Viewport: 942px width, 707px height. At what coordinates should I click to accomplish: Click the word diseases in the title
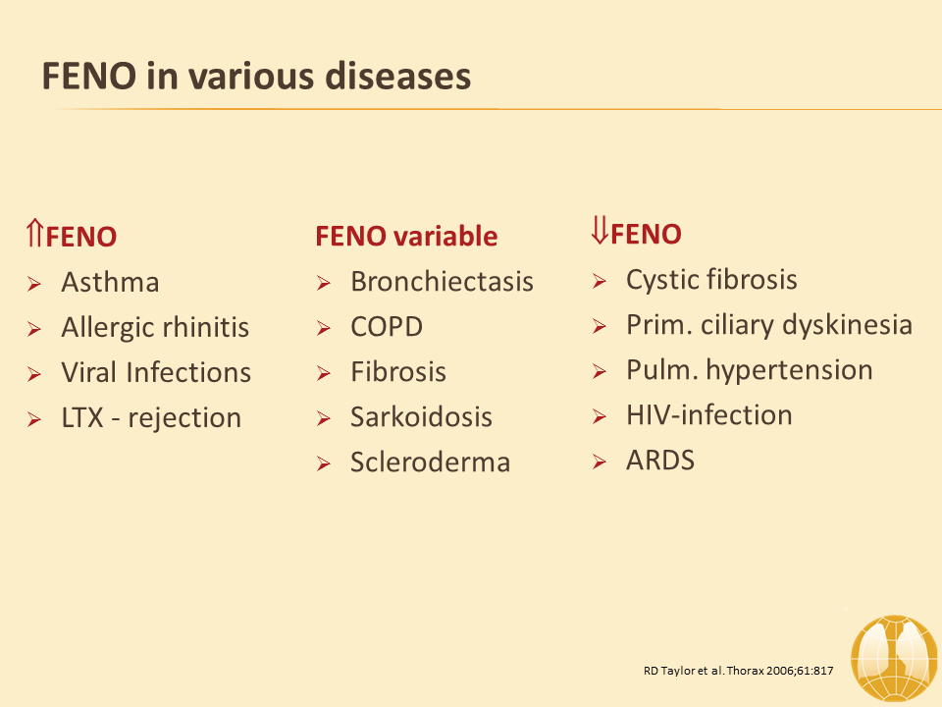pos(397,77)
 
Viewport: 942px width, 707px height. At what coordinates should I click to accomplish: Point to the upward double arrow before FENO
pos(35,233)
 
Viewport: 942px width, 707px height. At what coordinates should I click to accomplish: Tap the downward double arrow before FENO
pos(600,230)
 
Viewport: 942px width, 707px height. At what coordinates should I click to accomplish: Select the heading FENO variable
pos(406,236)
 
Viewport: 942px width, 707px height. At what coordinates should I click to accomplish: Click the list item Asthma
pos(111,282)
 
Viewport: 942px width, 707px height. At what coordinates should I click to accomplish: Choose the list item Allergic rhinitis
pos(155,328)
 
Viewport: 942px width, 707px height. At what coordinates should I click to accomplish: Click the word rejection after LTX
pos(184,418)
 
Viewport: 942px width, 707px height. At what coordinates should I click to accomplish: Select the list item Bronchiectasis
pos(443,282)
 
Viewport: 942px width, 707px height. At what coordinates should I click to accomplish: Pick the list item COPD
pos(387,326)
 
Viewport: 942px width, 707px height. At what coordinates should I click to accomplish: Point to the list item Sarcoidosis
pos(421,416)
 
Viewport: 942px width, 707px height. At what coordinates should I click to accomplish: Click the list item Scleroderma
pos(430,462)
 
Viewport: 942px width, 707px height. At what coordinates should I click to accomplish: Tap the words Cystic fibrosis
pos(712,280)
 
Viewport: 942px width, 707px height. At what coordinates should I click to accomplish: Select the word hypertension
pos(789,370)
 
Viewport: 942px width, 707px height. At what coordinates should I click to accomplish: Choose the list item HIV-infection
pos(709,414)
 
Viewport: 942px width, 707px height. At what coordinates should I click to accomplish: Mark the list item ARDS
pos(660,460)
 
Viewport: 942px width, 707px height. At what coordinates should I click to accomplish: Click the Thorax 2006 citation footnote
pos(738,671)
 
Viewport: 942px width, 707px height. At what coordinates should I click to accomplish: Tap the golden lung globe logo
pos(895,659)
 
